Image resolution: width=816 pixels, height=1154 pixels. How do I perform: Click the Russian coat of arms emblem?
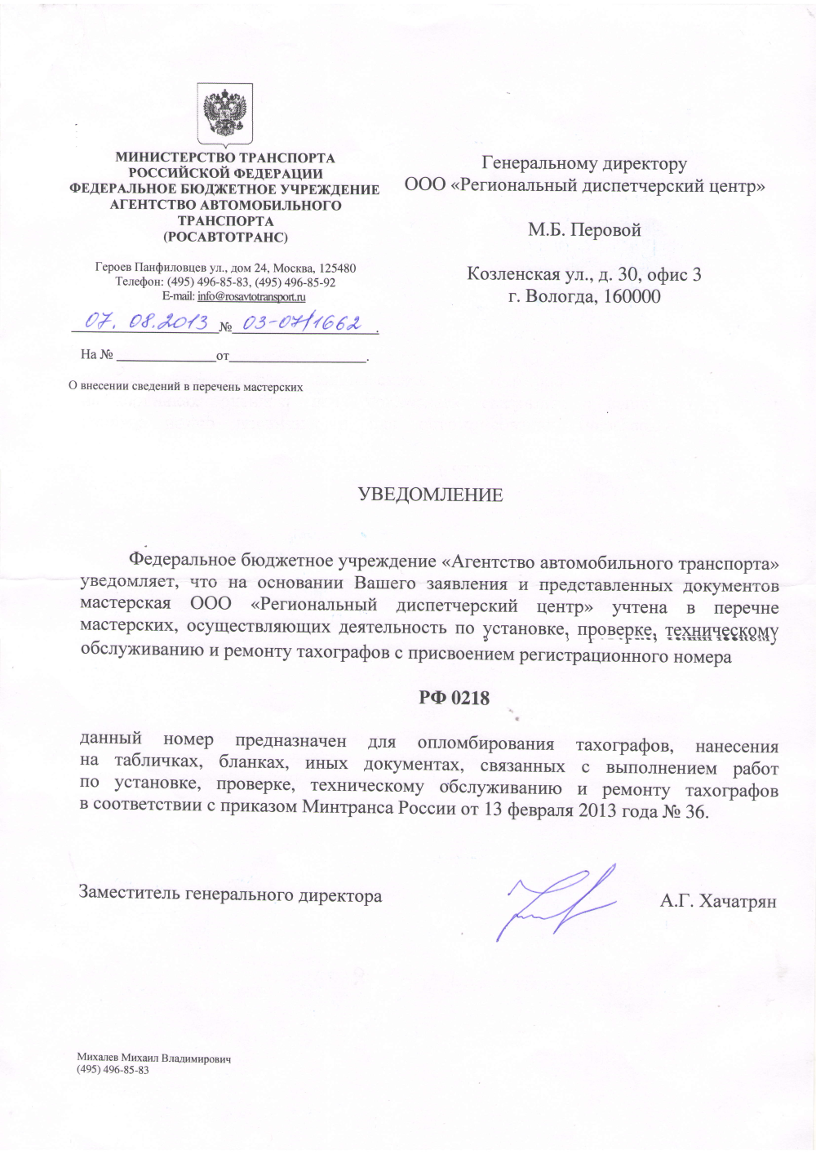(x=224, y=114)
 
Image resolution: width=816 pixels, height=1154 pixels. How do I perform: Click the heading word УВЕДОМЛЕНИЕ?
(x=430, y=495)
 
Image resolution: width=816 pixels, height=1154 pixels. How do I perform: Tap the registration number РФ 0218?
(x=454, y=698)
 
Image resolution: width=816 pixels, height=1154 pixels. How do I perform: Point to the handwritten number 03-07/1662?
(x=302, y=323)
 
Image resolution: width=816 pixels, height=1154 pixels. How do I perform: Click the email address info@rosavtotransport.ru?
(x=251, y=296)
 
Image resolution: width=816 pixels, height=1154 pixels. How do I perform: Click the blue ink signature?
(x=555, y=902)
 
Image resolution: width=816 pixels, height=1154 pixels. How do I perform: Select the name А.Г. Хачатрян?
(x=718, y=901)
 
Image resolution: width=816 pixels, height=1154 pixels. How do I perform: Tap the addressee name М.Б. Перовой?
(x=584, y=230)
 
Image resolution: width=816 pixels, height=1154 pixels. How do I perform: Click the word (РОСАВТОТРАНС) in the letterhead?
(x=225, y=237)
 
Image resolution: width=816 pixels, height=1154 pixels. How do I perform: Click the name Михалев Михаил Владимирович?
(x=154, y=1059)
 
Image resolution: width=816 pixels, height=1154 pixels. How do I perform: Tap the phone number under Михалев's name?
(x=113, y=1070)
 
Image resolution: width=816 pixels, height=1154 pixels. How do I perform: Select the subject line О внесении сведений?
(x=185, y=387)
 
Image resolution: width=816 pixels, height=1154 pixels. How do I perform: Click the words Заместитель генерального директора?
(x=230, y=894)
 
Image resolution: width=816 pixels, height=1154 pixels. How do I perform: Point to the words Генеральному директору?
(x=584, y=164)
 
